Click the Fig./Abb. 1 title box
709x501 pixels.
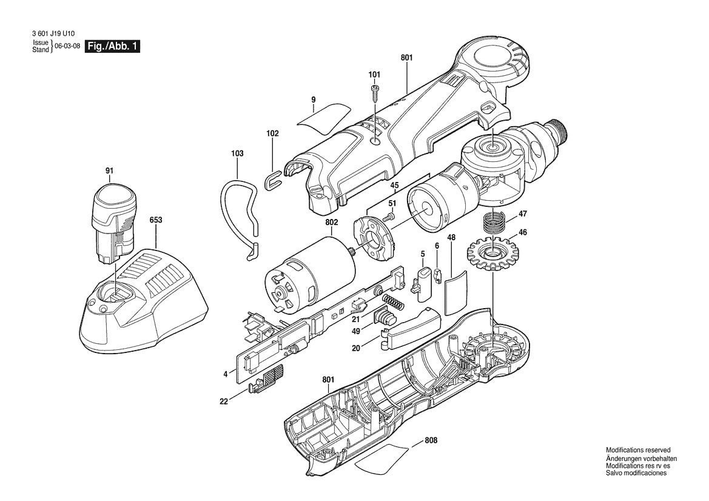pyautogui.click(x=113, y=47)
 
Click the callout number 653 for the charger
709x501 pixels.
pyautogui.click(x=156, y=221)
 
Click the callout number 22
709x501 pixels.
pyautogui.click(x=223, y=402)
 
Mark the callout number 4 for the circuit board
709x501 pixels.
pyautogui.click(x=225, y=375)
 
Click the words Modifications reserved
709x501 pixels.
pyautogui.click(x=638, y=450)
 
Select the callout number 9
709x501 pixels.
pyautogui.click(x=314, y=98)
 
